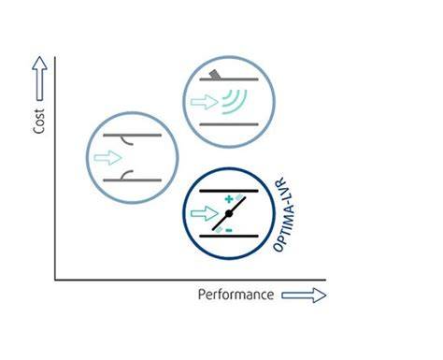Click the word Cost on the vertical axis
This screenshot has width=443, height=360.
[39, 121]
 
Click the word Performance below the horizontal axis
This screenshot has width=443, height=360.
[236, 295]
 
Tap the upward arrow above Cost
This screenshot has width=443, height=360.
[39, 79]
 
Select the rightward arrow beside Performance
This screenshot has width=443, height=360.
[304, 295]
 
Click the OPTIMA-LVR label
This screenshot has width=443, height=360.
[283, 215]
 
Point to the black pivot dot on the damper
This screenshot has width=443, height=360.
[229, 213]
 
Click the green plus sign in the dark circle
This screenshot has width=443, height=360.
[229, 198]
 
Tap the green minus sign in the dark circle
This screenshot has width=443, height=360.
[229, 230]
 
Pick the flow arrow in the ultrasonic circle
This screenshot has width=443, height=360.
[205, 102]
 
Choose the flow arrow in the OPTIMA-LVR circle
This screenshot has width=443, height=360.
[205, 213]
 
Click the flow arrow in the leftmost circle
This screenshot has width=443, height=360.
[107, 158]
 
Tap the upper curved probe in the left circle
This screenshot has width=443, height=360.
[127, 140]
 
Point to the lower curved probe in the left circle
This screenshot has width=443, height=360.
[127, 175]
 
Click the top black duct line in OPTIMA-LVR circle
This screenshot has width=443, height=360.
[229, 191]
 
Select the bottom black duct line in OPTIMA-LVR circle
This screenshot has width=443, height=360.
[229, 237]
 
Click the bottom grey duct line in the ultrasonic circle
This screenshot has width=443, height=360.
[229, 124]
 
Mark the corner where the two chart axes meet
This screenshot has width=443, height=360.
[55, 280]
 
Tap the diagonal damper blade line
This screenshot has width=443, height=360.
[229, 213]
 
